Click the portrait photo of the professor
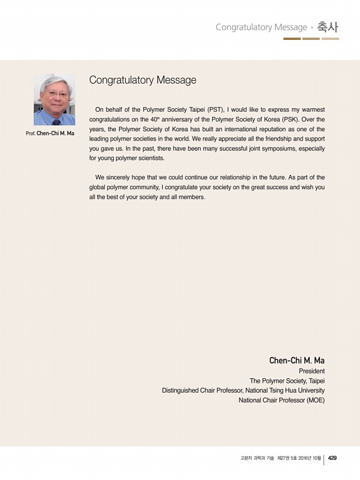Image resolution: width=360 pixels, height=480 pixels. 54,99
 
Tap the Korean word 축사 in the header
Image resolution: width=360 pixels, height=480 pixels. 328,27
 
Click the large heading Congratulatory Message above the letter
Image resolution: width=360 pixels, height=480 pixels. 142,80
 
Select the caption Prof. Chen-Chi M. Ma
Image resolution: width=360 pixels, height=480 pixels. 50,134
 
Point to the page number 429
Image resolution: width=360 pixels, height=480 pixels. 332,458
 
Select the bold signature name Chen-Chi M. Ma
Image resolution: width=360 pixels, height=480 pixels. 296,360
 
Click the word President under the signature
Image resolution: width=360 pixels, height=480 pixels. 311,371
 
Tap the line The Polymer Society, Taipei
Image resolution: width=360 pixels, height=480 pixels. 287,381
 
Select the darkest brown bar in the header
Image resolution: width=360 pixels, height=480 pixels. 292,39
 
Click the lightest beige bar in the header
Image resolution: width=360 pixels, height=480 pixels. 330,39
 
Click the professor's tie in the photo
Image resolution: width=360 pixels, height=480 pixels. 56,121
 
